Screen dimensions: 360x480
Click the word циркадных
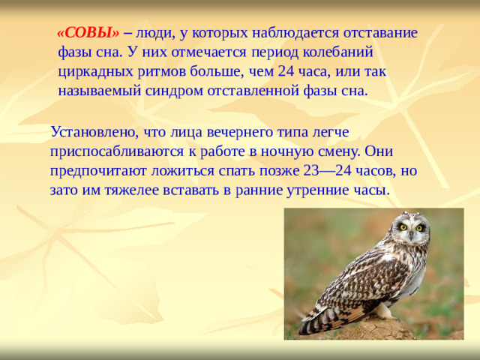[x=88, y=73]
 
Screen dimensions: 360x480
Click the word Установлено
[x=88, y=131]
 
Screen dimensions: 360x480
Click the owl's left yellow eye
[x=403, y=227]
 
